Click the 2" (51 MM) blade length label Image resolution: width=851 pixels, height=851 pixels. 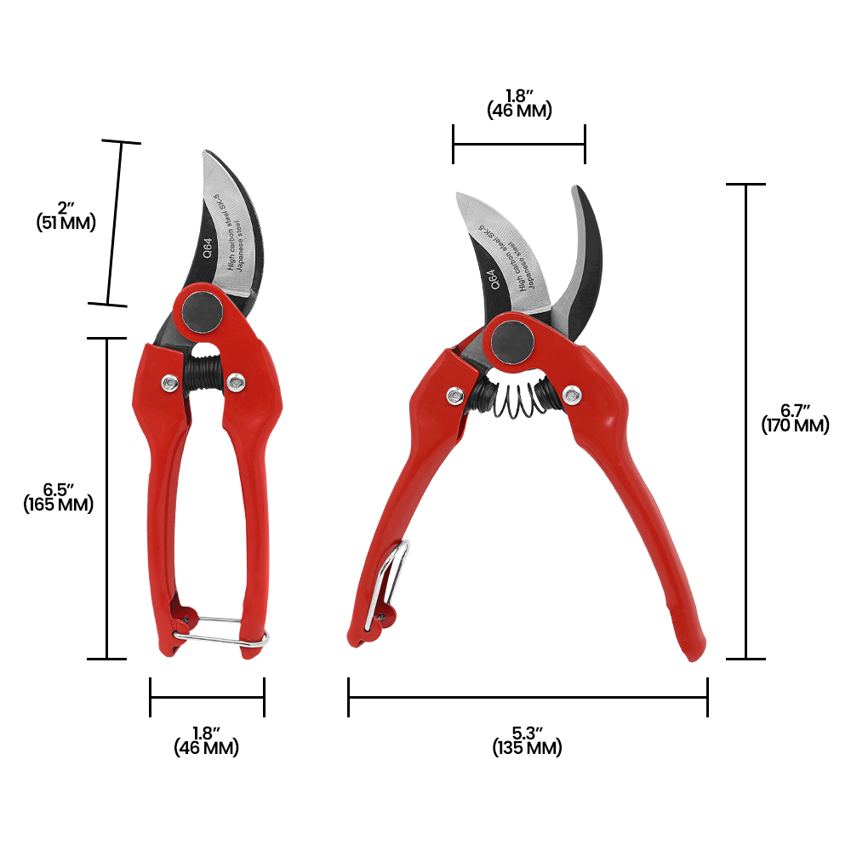pyautogui.click(x=66, y=216)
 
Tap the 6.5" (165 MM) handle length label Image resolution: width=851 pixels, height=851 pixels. pyautogui.click(x=59, y=498)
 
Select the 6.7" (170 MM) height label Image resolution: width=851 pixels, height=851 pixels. pyautogui.click(x=795, y=419)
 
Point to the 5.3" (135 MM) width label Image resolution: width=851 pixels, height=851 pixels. pyautogui.click(x=527, y=741)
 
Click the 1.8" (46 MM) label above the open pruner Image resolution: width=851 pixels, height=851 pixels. pyautogui.click(x=519, y=104)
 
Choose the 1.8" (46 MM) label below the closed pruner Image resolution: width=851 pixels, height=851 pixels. pyautogui.click(x=206, y=741)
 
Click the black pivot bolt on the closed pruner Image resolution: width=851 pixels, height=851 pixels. pyautogui.click(x=202, y=311)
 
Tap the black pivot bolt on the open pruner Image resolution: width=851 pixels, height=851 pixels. pyautogui.click(x=512, y=342)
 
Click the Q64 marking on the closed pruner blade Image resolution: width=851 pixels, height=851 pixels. pyautogui.click(x=208, y=248)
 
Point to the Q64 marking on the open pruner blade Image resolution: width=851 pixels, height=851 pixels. pyautogui.click(x=492, y=279)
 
